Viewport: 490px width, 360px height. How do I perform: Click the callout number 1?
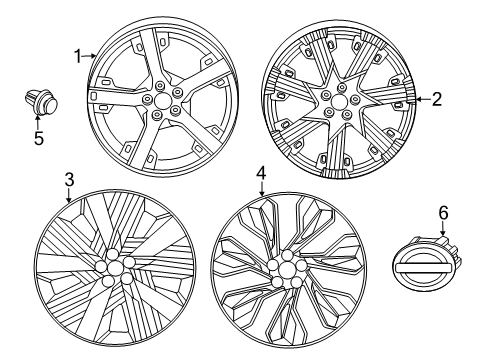tap(76, 58)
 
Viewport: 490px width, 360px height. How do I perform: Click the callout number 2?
tap(435, 98)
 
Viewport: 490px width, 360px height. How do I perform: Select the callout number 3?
tap(68, 180)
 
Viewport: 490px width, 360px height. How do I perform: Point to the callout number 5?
tap(37, 138)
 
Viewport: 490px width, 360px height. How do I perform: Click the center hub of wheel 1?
tap(162, 103)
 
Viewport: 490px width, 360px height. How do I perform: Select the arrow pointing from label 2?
tap(420, 98)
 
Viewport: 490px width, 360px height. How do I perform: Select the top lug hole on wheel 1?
tap(162, 84)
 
